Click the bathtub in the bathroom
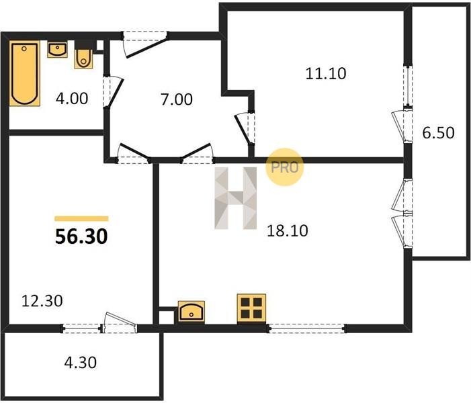[x=25, y=73]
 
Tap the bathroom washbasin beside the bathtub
[x=57, y=50]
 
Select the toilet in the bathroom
[x=83, y=58]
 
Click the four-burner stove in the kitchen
[x=251, y=309]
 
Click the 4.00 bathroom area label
[x=72, y=99]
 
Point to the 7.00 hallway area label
[x=177, y=99]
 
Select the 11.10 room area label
[x=326, y=74]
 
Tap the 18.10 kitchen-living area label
[x=288, y=231]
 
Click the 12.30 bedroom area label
[x=42, y=301]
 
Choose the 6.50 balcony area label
[x=438, y=133]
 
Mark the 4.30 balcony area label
[x=81, y=363]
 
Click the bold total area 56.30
[x=81, y=236]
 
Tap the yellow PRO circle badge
[x=284, y=167]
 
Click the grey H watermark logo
[x=236, y=198]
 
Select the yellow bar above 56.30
[x=81, y=218]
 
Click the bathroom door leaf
[x=116, y=93]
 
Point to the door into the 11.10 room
[x=242, y=129]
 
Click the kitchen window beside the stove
[x=306, y=328]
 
